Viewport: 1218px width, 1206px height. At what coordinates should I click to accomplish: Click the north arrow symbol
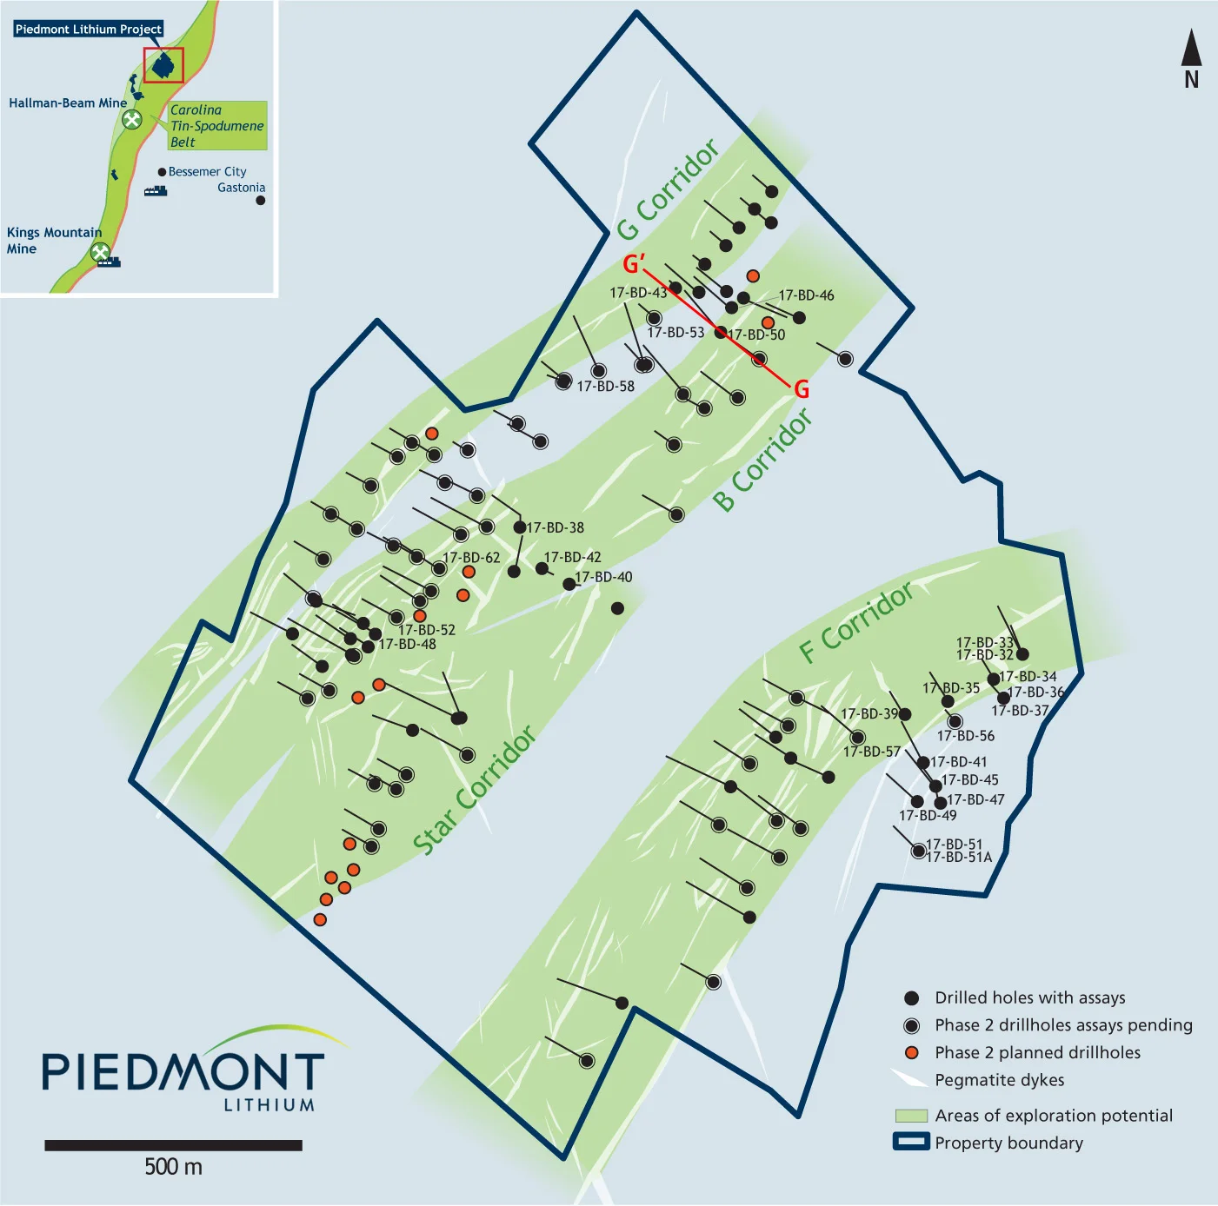[1191, 50]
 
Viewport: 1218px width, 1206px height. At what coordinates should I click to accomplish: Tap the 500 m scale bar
[173, 1145]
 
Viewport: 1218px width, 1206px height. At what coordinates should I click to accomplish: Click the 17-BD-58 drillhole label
[606, 387]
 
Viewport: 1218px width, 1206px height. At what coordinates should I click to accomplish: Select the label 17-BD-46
[806, 295]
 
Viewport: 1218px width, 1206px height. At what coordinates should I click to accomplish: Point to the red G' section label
[634, 264]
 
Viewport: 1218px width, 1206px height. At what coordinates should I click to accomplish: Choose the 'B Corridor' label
[763, 460]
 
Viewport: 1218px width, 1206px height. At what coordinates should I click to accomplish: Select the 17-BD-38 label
[556, 528]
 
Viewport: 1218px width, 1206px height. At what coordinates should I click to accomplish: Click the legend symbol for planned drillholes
[912, 1053]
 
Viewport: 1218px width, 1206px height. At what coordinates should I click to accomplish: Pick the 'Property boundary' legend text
[1008, 1143]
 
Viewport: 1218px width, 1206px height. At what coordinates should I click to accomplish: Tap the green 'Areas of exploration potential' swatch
[911, 1116]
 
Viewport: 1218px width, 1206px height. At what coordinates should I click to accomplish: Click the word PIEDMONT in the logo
[183, 1073]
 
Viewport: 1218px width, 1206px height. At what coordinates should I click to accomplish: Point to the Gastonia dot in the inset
[260, 201]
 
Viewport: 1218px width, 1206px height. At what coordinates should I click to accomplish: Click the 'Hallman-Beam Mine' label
[68, 103]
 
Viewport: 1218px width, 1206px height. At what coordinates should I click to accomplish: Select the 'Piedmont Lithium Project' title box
[89, 30]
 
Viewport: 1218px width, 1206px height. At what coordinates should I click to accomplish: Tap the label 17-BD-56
[966, 736]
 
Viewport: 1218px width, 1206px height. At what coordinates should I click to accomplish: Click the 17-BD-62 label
[472, 558]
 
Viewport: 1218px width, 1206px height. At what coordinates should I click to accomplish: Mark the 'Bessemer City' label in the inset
[208, 172]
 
